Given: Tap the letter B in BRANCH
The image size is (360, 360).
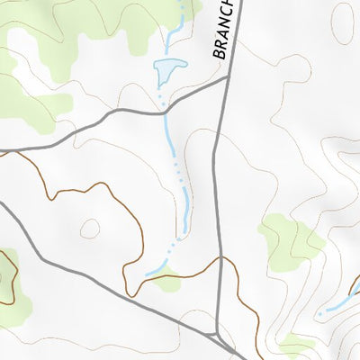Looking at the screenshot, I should [219, 55].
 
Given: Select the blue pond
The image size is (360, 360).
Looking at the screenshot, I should [167, 68].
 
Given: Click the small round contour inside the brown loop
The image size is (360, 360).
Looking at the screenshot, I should [90, 229].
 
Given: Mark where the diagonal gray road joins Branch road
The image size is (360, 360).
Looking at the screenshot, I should [225, 79].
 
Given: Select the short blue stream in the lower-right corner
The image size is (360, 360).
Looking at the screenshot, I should [337, 301].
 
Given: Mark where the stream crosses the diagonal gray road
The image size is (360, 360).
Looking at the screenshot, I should [164, 106].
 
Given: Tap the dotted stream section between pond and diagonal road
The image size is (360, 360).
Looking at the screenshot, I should [162, 90].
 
